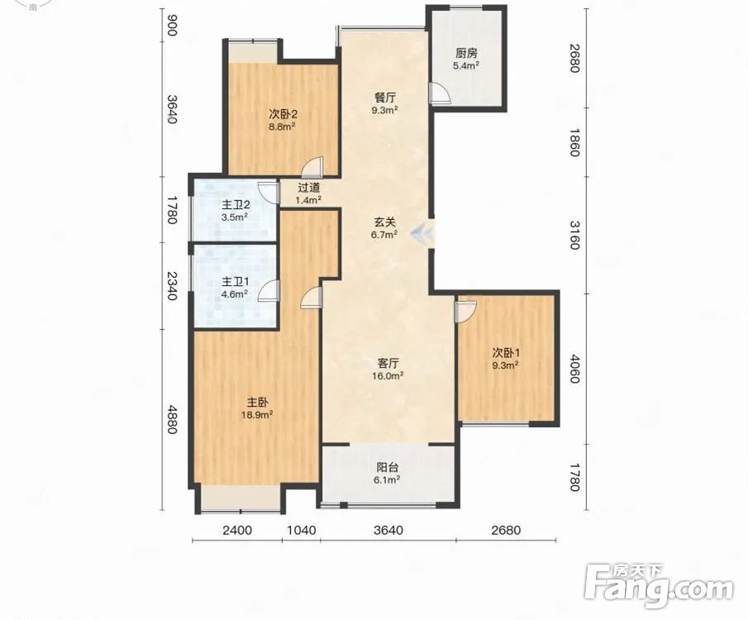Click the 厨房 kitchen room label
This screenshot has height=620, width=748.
click(x=466, y=54)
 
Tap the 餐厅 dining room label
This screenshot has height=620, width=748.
click(x=385, y=98)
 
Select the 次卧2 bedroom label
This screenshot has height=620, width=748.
click(x=283, y=114)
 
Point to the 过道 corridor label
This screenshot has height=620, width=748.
click(x=308, y=188)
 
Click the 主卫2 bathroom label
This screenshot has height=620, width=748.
click(x=236, y=205)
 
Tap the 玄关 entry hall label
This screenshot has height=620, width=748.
click(x=384, y=222)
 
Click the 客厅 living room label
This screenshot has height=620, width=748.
click(x=388, y=363)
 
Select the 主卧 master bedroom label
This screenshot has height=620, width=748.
click(x=257, y=402)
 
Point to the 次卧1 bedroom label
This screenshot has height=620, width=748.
click(x=506, y=353)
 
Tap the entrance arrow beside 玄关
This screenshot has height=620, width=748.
click(x=424, y=233)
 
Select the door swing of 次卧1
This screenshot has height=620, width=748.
click(x=465, y=310)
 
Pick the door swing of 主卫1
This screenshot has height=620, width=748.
click(x=269, y=291)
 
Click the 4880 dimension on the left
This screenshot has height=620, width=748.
click(x=172, y=420)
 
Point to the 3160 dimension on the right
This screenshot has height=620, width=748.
click(x=574, y=236)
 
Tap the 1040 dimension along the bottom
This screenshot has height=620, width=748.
click(x=302, y=530)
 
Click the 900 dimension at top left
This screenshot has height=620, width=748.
click(x=172, y=26)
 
